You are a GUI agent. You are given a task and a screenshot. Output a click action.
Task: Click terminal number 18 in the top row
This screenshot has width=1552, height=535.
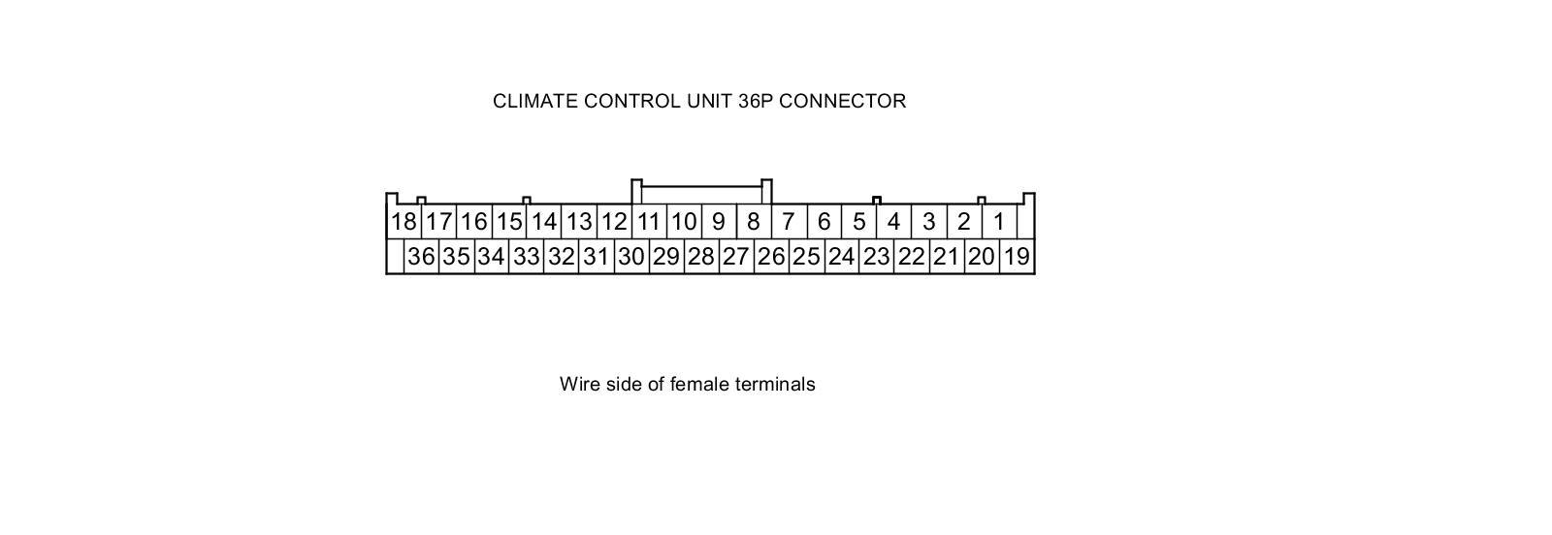tap(404, 222)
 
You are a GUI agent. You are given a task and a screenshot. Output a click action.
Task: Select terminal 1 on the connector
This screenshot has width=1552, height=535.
tap(998, 222)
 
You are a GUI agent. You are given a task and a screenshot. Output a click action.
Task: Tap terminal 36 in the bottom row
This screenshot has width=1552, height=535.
tap(421, 257)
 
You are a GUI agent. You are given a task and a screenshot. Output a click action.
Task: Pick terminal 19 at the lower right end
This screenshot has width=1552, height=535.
tap(1016, 257)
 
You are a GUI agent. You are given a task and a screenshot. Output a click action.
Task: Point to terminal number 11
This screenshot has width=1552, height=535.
tap(648, 222)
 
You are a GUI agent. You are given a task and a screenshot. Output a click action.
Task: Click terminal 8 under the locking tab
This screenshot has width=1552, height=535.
tap(753, 222)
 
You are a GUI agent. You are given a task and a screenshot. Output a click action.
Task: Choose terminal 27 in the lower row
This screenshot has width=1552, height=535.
tap(735, 257)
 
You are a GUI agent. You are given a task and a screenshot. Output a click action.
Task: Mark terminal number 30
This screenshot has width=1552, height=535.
tap(630, 257)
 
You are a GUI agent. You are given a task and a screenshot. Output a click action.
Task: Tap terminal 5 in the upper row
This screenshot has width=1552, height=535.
tap(858, 222)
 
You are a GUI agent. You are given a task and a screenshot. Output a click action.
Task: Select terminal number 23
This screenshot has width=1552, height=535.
tap(876, 257)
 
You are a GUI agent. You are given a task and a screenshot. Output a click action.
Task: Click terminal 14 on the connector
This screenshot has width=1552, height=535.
tap(543, 222)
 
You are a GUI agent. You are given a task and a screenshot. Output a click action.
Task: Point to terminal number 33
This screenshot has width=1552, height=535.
tap(526, 257)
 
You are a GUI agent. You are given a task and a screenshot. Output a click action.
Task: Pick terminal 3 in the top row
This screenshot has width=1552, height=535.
tap(928, 222)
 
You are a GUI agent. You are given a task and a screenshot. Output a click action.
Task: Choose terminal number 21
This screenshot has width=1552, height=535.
tap(946, 257)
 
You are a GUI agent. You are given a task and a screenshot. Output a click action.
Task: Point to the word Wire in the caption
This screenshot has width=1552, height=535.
tap(580, 384)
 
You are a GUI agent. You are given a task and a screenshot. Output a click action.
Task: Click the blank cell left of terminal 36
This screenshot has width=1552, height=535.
tap(395, 257)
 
